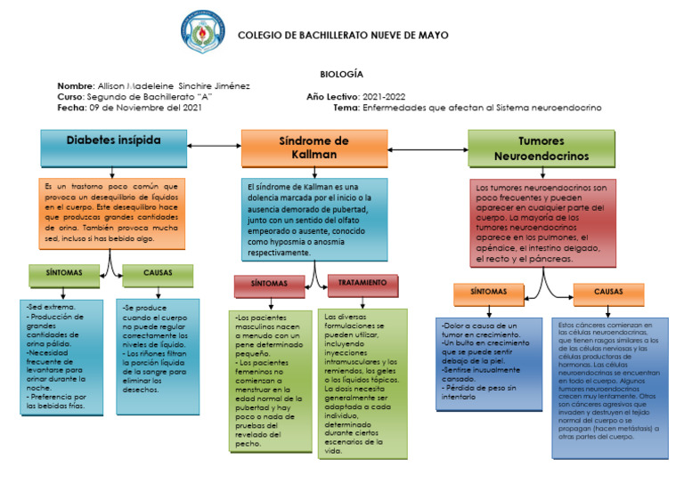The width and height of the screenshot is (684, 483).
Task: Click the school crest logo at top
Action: click(203, 32)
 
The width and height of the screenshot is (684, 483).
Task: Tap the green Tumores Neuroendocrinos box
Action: click(541, 148)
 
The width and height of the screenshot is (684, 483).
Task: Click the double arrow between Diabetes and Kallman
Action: click(214, 146)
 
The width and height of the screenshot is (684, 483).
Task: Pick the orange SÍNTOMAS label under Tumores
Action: click(487, 292)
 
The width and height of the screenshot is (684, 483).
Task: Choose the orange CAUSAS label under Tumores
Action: click(608, 292)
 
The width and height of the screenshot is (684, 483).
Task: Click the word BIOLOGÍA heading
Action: click(341, 74)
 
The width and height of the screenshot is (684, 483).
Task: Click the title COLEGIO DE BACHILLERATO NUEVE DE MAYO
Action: click(343, 36)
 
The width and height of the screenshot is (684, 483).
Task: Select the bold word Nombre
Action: click(75, 85)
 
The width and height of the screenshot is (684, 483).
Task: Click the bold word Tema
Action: click(346, 107)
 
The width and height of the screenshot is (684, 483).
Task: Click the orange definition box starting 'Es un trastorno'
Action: click(112, 213)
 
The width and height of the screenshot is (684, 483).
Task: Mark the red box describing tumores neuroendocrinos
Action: click(542, 222)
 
